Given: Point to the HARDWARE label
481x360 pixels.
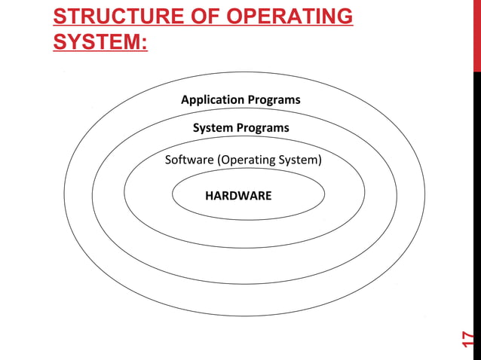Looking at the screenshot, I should (x=238, y=196).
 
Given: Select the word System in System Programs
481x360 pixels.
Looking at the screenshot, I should (x=212, y=128).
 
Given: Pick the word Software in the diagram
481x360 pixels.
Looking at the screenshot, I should (x=189, y=160).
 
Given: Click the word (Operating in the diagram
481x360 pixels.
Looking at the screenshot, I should (x=247, y=160).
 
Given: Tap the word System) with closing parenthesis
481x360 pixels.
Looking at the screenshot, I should (x=301, y=160).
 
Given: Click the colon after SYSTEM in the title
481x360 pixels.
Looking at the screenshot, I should (x=144, y=42).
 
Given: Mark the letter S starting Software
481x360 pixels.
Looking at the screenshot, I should (x=168, y=160).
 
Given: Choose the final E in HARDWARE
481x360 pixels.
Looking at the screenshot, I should (x=268, y=196).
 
